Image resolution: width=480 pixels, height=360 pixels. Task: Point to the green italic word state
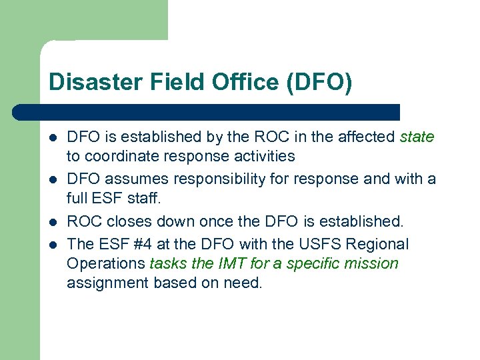417,137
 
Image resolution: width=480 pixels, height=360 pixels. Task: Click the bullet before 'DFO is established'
53,138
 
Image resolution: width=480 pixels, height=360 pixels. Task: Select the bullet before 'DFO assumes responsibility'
53,180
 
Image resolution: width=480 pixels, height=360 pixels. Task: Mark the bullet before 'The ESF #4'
53,244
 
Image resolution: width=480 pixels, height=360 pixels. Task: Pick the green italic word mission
371,263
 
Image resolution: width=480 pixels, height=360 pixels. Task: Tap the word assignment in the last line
108,283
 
